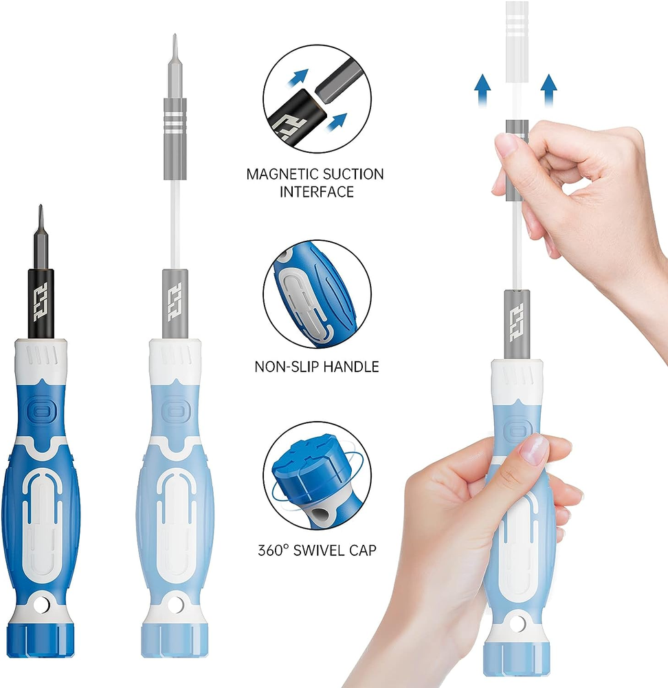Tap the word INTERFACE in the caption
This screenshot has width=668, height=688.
click(x=316, y=192)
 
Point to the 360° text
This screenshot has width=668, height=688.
click(x=273, y=550)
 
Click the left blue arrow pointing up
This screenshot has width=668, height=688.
click(x=482, y=90)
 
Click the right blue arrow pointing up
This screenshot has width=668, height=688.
click(x=548, y=90)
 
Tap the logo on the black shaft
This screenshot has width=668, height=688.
click(x=41, y=302)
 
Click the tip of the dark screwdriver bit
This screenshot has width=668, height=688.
click(x=41, y=205)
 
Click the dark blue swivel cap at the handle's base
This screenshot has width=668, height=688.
click(x=41, y=641)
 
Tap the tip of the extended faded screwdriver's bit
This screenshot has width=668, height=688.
click(x=175, y=34)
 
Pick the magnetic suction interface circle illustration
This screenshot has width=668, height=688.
click(x=317, y=98)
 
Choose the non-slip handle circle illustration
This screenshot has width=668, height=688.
click(x=317, y=294)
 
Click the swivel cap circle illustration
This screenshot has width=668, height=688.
click(x=317, y=476)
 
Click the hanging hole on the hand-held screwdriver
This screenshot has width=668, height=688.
click(x=517, y=623)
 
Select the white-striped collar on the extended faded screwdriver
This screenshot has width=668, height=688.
click(x=175, y=122)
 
